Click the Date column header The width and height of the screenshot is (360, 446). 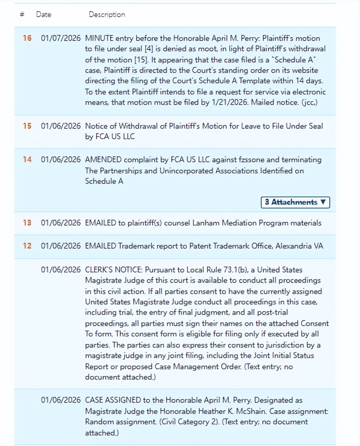pos(44,15)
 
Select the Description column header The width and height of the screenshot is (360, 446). pos(107,15)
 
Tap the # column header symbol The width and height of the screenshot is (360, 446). pos(22,14)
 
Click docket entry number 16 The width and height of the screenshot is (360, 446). pos(27,38)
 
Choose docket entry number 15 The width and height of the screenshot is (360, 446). pos(27,126)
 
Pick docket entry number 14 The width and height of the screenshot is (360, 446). pos(27,159)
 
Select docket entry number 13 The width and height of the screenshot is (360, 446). pos(27,223)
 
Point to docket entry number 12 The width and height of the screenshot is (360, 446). pos(27,246)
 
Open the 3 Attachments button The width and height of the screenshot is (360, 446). pos(295,202)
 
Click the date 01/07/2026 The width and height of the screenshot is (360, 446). pos(61,38)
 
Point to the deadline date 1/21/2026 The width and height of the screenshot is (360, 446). pos(229,102)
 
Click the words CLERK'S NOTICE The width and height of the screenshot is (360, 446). pos(112,270)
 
